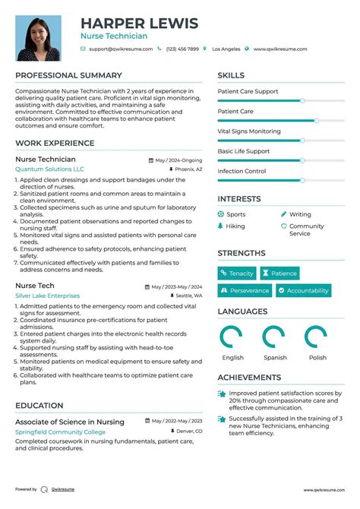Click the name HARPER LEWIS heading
(139, 23)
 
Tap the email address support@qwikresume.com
(120, 49)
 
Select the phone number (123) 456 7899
(182, 49)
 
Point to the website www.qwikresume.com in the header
(280, 49)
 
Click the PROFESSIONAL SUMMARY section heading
(68, 75)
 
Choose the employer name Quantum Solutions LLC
(50, 169)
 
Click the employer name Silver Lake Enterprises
(47, 295)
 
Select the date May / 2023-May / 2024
(176, 286)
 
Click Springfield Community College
(61, 432)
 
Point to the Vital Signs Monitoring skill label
(249, 131)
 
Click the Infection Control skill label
(242, 171)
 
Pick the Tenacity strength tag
(237, 273)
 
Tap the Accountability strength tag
(303, 290)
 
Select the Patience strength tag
(279, 273)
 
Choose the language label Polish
(317, 358)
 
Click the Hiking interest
(235, 226)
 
